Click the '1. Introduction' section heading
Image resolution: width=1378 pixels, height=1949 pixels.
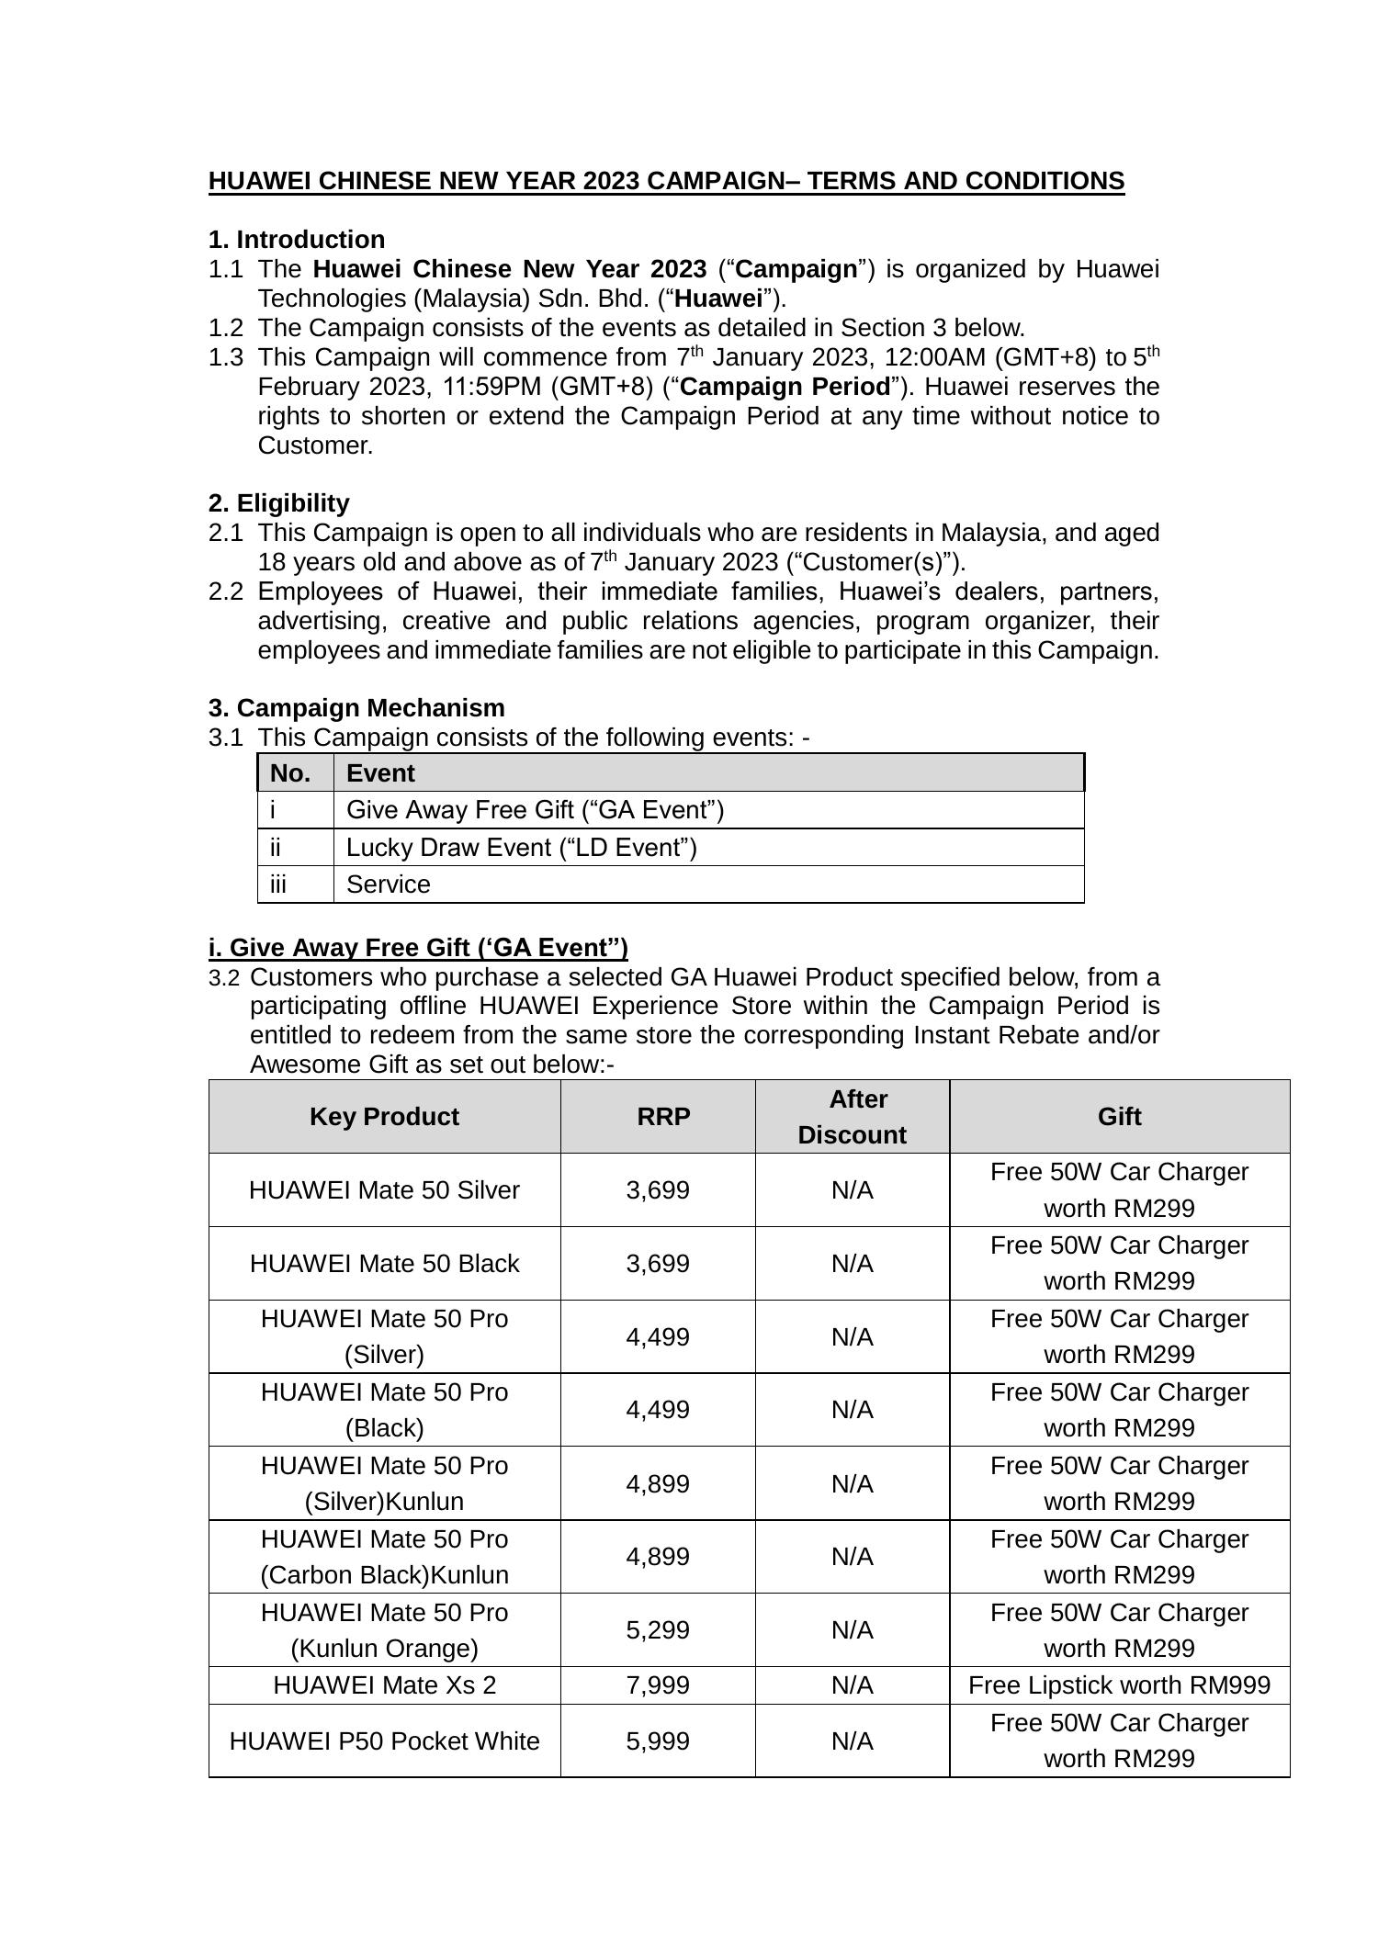[x=296, y=240]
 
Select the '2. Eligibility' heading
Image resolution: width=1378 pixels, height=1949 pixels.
[x=278, y=503]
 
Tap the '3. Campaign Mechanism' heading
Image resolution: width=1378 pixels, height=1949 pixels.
[x=356, y=708]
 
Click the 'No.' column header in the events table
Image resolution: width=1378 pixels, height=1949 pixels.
[x=290, y=773]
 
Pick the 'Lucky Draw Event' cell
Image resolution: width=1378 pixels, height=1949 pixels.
[x=521, y=847]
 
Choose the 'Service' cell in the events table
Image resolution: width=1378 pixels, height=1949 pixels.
[x=388, y=884]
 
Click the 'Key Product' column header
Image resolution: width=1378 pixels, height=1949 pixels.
[x=384, y=1117]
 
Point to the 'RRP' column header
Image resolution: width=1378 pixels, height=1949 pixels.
[x=663, y=1117]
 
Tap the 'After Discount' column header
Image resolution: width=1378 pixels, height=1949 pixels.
[x=852, y=1117]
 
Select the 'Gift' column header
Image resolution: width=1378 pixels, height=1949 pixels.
[x=1119, y=1117]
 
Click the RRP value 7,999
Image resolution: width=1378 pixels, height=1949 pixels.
[x=658, y=1685]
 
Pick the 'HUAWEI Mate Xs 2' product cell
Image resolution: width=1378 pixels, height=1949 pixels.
[x=384, y=1685]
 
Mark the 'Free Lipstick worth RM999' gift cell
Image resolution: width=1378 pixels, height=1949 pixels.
[x=1119, y=1685]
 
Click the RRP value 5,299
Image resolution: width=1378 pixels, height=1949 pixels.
[x=658, y=1630]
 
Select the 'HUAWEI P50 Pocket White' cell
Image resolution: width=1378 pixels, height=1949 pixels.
[x=384, y=1741]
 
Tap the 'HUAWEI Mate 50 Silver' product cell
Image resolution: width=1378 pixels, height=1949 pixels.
[x=384, y=1190]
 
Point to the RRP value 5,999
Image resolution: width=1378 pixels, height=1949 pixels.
[x=658, y=1741]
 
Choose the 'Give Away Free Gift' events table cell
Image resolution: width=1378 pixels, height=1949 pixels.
[x=535, y=810]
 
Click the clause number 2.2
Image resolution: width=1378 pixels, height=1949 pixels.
[x=225, y=591]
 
